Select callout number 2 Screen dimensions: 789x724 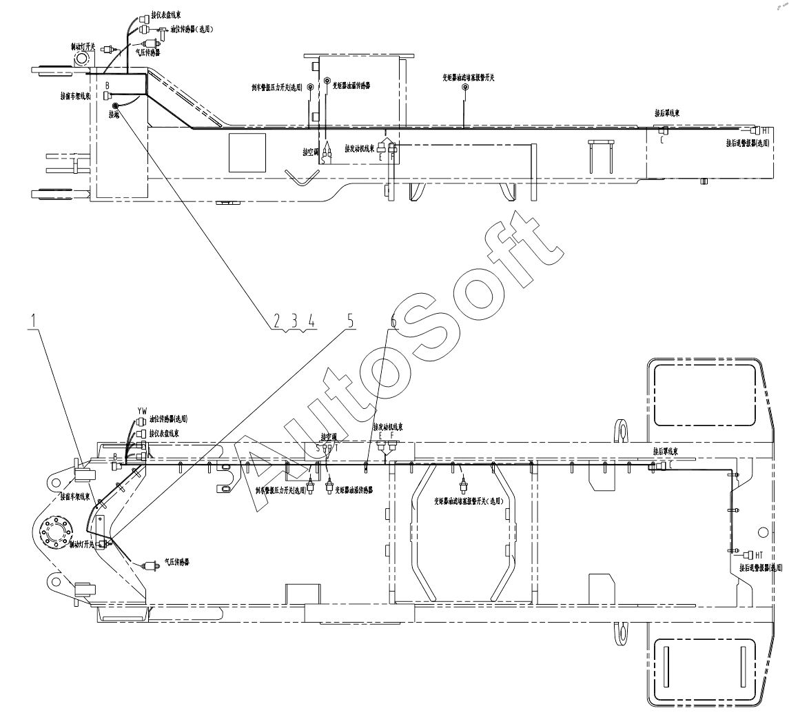[276, 321]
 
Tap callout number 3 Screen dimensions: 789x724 [294, 321]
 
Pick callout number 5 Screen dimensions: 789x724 [350, 321]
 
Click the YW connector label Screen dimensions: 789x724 [142, 411]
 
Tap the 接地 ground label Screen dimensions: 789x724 [114, 116]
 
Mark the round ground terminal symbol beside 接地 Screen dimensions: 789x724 [116, 105]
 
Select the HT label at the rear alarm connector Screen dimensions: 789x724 [759, 554]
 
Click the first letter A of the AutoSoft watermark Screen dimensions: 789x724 [265, 476]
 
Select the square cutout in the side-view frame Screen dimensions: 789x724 [247, 152]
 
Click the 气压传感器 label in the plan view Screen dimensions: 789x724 [176, 562]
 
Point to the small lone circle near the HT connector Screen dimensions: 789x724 [763, 533]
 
